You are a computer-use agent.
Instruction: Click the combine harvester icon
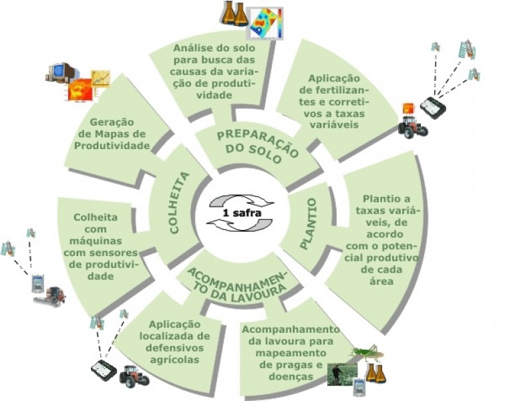50,297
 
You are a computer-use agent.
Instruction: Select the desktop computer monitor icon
61,73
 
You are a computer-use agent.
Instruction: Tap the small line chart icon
101,79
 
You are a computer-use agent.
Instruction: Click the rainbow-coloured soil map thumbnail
267,23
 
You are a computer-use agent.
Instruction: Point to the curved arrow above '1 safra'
242,200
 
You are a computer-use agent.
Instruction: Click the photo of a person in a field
343,374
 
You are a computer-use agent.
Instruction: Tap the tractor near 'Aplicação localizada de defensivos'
134,376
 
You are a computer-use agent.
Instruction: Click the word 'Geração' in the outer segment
112,122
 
